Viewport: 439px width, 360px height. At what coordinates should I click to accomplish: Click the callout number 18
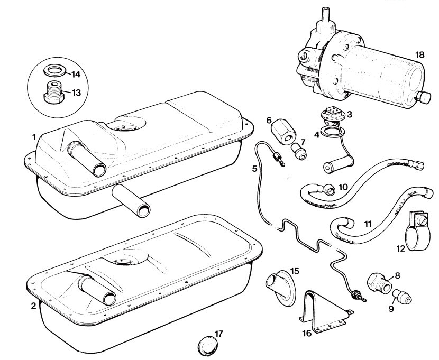[x=420, y=55]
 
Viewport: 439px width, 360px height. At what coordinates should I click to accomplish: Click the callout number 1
[x=34, y=136]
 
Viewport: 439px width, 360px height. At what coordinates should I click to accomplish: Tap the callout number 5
[x=255, y=169]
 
